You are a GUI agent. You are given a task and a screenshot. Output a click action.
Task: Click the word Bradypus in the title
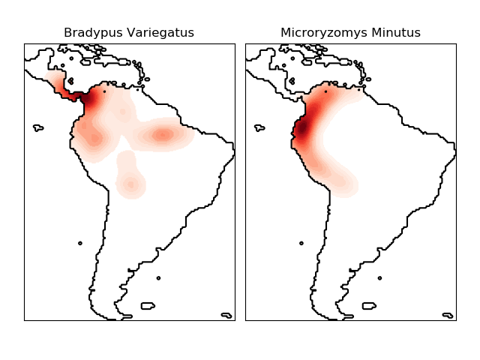click(88, 33)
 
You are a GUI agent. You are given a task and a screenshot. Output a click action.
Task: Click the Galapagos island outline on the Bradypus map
click(38, 128)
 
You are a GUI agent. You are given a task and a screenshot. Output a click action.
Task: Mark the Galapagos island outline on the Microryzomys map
click(259, 128)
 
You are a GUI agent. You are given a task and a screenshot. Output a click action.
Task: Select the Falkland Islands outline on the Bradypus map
click(147, 306)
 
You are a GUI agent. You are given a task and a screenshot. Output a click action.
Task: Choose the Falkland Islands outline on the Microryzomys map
click(368, 306)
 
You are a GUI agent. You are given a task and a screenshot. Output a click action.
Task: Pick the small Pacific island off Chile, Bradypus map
click(80, 243)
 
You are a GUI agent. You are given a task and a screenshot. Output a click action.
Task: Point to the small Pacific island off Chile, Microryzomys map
click(301, 243)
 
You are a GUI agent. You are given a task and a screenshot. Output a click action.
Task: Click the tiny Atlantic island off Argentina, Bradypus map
click(159, 278)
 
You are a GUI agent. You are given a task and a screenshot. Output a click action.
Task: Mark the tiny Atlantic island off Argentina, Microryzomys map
click(380, 278)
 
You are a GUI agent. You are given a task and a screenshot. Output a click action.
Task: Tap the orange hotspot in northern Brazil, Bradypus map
click(163, 135)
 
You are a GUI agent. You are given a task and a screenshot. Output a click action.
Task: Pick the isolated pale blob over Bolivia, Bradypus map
click(130, 183)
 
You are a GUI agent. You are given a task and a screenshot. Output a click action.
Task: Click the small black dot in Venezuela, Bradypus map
click(104, 91)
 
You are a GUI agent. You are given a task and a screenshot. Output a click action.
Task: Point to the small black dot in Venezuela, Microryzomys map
click(325, 91)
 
